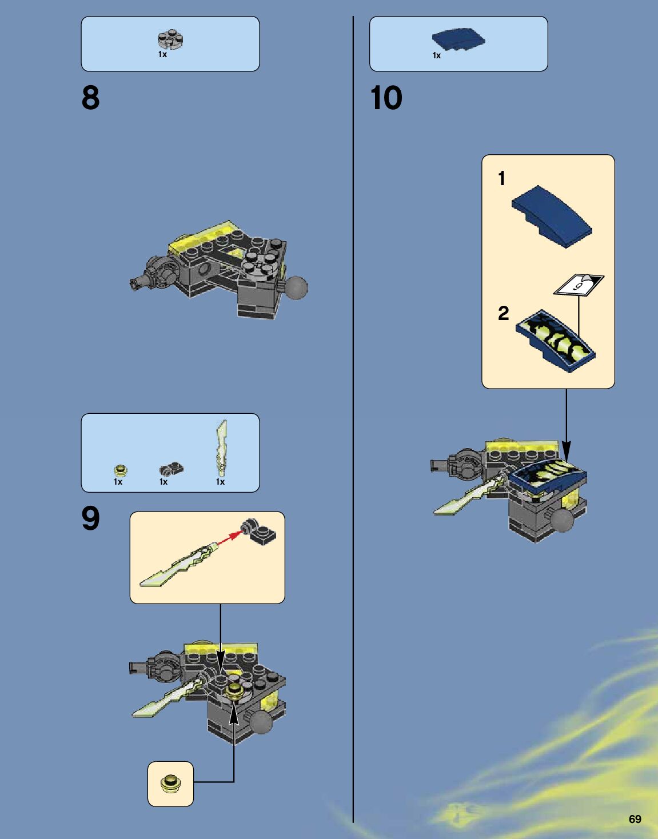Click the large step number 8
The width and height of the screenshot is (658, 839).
click(91, 98)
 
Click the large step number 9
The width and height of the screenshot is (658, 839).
click(91, 518)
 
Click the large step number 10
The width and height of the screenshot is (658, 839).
click(386, 98)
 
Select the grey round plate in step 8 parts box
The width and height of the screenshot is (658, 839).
click(170, 39)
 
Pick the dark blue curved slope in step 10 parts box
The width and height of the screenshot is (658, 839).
click(458, 40)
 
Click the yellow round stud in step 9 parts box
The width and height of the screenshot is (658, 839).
click(121, 470)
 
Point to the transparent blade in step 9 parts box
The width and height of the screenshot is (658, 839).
click(221, 449)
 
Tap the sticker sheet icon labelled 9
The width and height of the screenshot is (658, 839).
click(579, 285)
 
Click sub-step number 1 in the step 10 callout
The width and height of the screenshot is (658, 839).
click(501, 179)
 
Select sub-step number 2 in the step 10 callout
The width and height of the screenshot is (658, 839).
click(503, 313)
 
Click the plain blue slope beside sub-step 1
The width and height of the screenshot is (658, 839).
click(552, 217)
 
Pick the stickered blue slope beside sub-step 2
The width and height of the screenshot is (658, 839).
click(555, 341)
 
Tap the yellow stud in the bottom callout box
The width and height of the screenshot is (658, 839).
click(170, 784)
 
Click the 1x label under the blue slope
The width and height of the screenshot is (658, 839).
click(437, 55)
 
